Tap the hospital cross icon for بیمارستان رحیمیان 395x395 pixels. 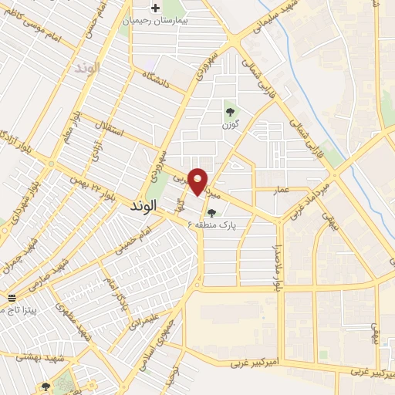156,8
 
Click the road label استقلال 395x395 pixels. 108,132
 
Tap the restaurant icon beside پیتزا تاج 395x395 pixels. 11,298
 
